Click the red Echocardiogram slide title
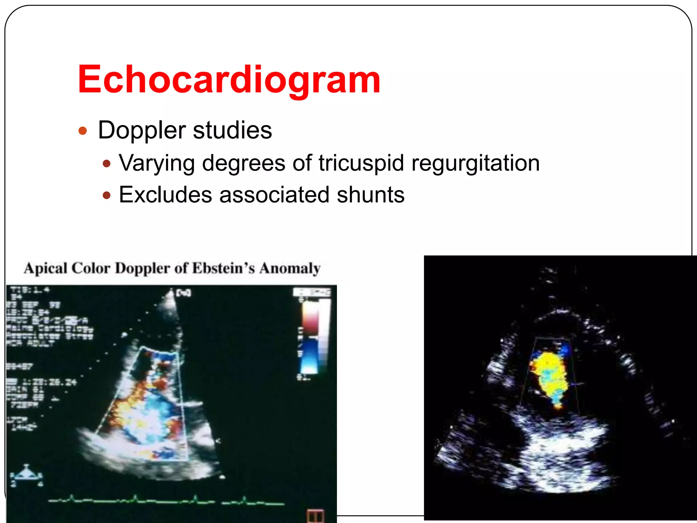coord(229,79)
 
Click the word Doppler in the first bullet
coord(142,130)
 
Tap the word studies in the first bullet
coord(232,130)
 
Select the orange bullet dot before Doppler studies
coord(83,131)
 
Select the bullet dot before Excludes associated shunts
coord(107,195)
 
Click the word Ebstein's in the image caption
coord(223,268)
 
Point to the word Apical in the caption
coord(46,268)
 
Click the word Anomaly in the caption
coord(290,268)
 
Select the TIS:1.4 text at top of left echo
coord(30,290)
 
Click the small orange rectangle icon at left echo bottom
coord(315,516)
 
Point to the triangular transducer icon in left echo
coord(26,473)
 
